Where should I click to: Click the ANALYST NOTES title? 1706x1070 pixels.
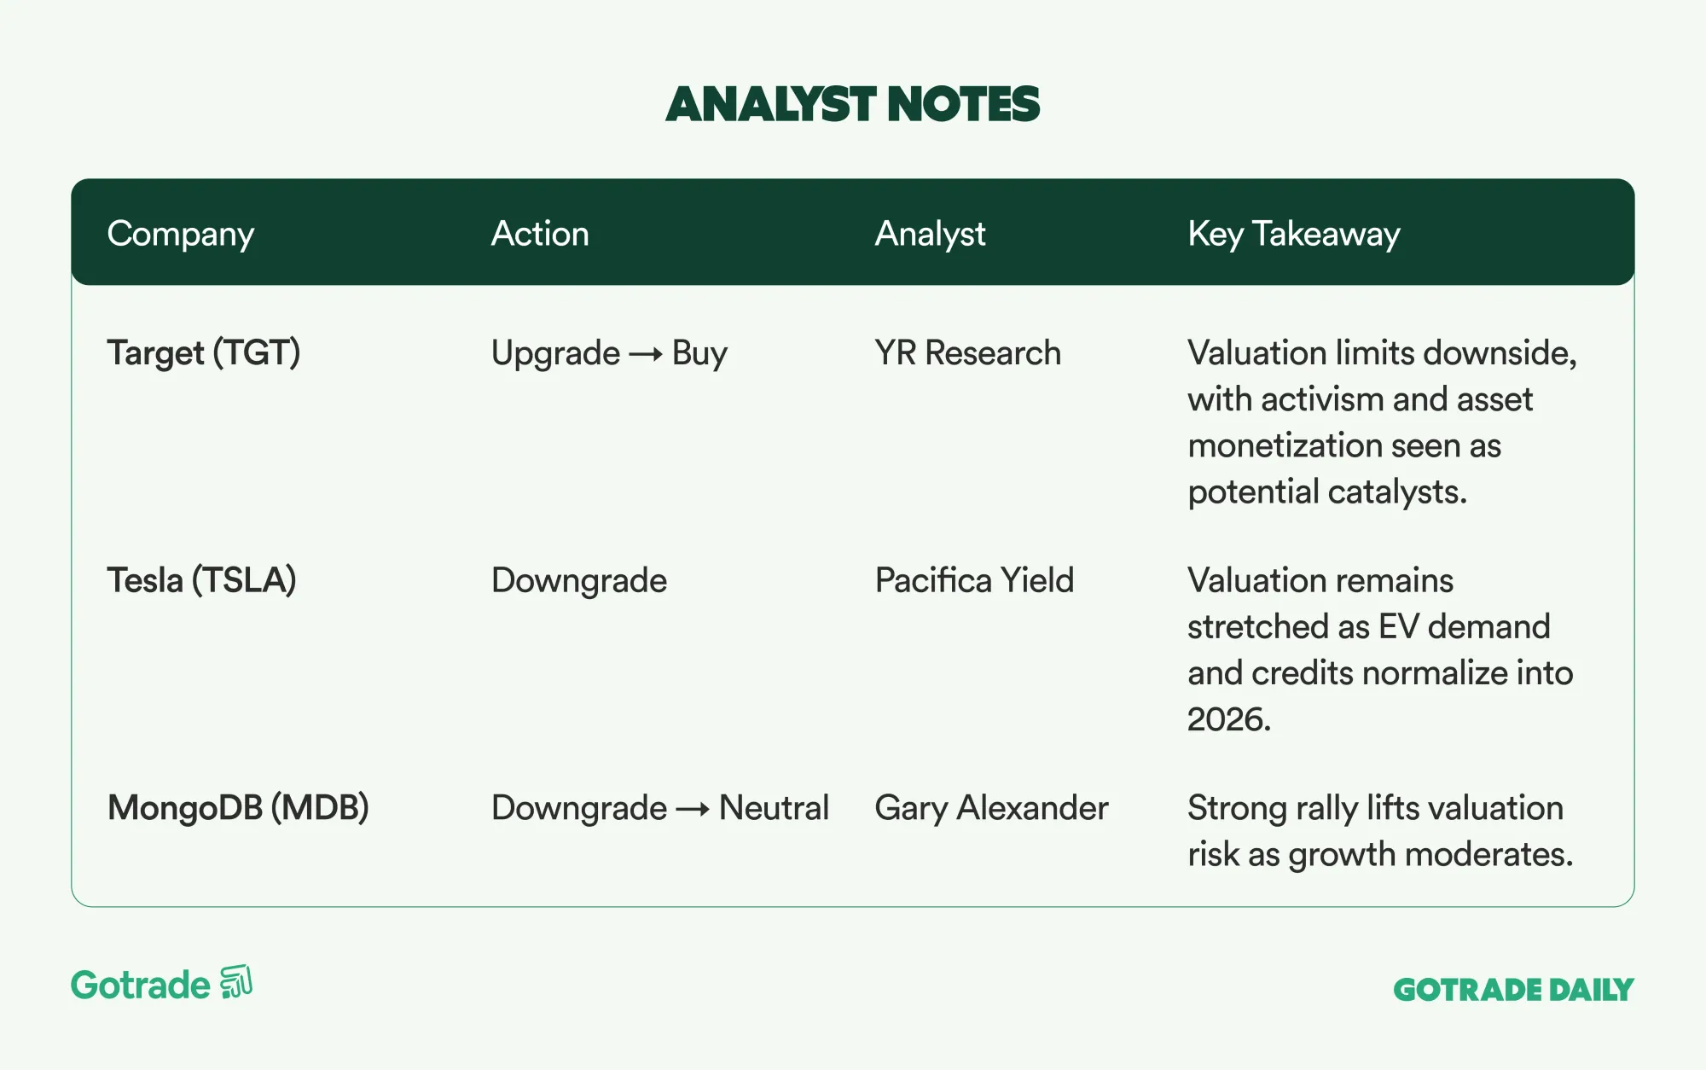[x=853, y=104]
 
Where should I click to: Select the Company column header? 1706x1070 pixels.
[x=181, y=234]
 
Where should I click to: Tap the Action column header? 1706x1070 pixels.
[x=540, y=233]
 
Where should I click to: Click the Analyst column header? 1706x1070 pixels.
[x=930, y=234]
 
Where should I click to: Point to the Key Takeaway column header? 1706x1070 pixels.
[x=1294, y=234]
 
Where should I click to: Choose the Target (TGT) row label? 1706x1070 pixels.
[x=204, y=352]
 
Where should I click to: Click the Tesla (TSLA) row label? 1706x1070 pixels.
[x=201, y=580]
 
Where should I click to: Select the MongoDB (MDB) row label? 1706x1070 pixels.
[x=238, y=807]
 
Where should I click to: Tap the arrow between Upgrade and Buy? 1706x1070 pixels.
[x=646, y=354]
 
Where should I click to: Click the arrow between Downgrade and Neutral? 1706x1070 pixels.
[x=693, y=809]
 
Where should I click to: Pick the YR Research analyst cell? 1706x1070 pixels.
[x=968, y=352]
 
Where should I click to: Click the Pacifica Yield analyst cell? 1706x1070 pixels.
[x=974, y=580]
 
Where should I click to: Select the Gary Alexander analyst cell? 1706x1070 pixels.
[x=991, y=808]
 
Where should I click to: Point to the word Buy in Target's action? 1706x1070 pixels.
[x=699, y=353]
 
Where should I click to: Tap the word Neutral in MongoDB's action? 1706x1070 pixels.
[x=774, y=807]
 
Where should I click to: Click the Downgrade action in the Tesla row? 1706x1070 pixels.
[x=579, y=581]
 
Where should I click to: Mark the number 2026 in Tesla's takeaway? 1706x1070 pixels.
[x=1229, y=719]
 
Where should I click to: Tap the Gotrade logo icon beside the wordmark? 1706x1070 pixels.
[x=236, y=982]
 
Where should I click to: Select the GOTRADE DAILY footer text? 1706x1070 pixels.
[x=1514, y=990]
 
